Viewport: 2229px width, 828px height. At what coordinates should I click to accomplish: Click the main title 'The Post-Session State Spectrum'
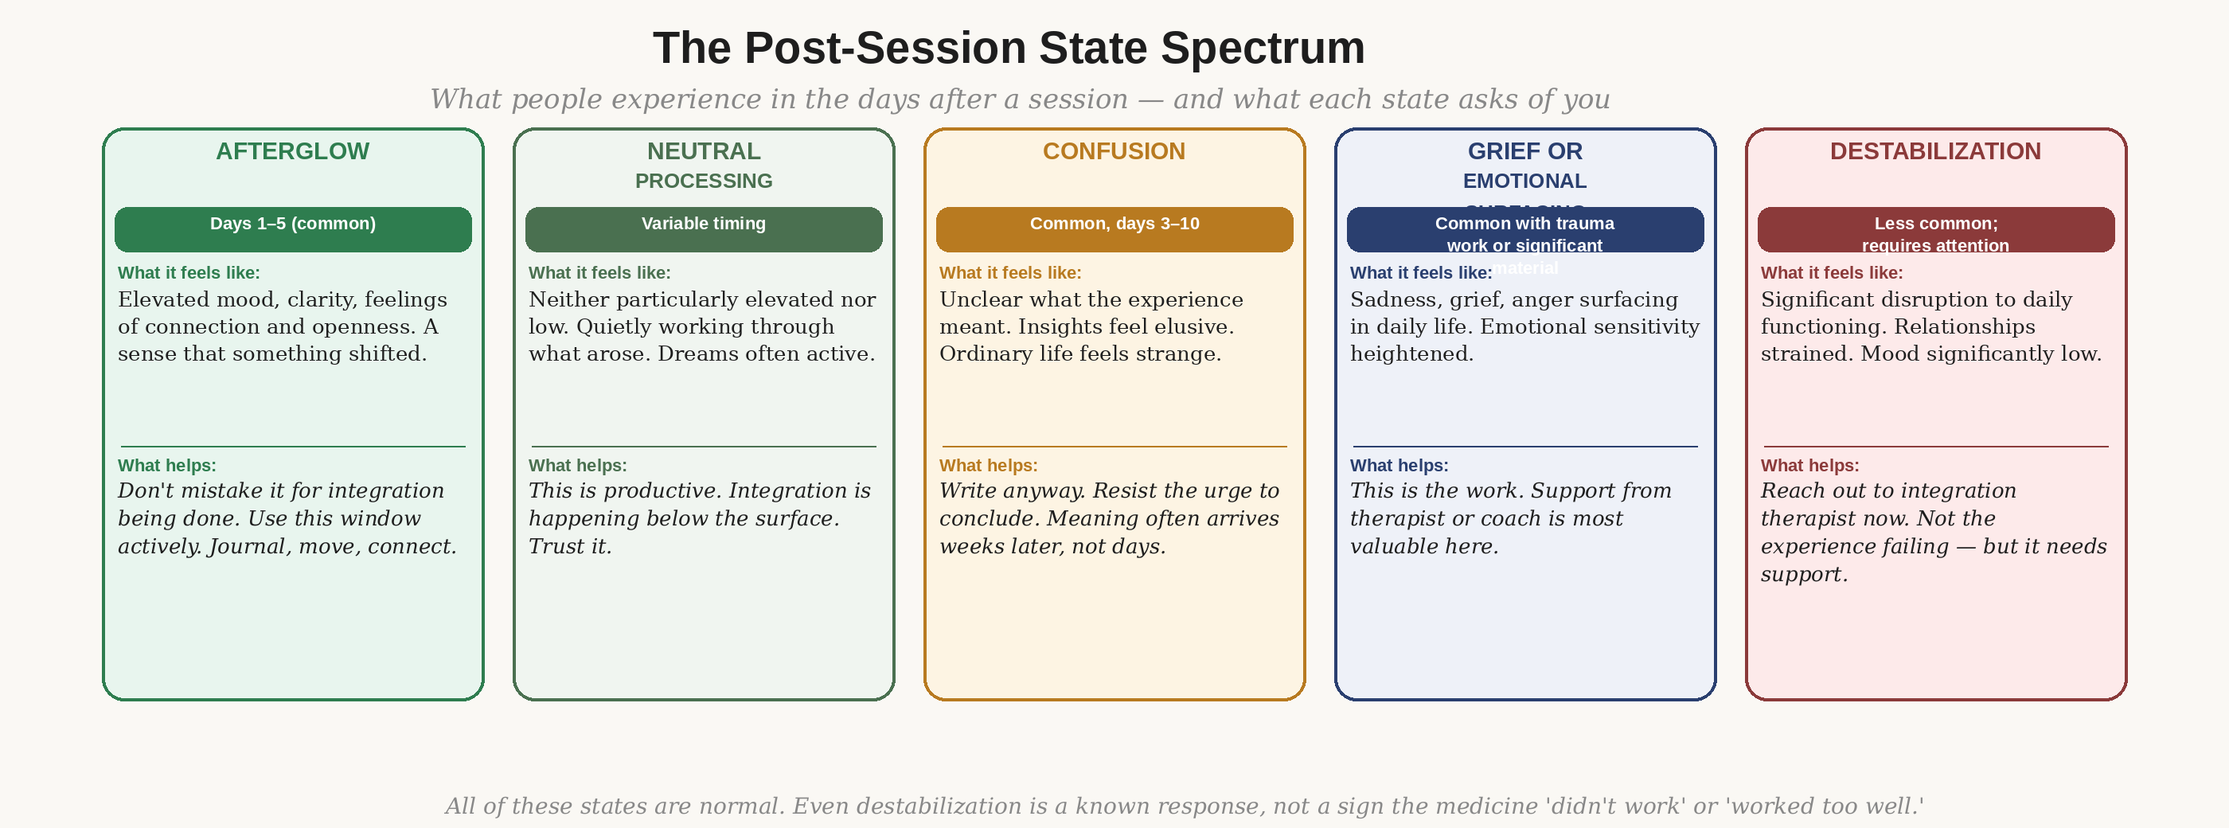(x=1008, y=49)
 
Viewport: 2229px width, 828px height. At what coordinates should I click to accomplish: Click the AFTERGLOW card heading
(x=292, y=151)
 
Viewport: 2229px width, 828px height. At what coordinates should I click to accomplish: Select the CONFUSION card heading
(x=1114, y=151)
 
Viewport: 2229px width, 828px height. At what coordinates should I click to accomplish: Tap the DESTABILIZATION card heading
(x=1934, y=151)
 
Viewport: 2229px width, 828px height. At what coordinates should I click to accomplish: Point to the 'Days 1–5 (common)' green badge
(x=292, y=229)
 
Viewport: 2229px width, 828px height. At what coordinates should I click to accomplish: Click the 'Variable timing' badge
(x=704, y=229)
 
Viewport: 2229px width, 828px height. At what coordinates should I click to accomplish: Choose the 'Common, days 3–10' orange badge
(x=1114, y=229)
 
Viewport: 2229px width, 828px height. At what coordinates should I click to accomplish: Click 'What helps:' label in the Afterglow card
(x=167, y=466)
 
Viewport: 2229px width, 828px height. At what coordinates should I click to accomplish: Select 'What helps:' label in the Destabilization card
(x=1809, y=466)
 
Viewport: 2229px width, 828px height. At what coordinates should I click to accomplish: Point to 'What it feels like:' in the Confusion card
(x=1009, y=272)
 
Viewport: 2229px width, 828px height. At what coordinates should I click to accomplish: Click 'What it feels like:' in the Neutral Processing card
(x=599, y=272)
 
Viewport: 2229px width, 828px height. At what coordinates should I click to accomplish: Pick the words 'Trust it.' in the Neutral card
(x=570, y=547)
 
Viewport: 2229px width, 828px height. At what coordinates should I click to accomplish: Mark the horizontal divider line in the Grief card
(x=1524, y=447)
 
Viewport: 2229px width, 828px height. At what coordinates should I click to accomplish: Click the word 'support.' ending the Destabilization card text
(x=1804, y=575)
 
